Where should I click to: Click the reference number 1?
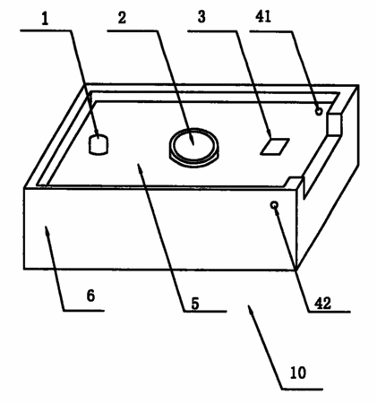45,20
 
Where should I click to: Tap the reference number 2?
122,18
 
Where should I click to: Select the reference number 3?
201,17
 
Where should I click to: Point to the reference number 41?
263,16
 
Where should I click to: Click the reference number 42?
322,304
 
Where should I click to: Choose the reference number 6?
90,296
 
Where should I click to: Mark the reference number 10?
298,373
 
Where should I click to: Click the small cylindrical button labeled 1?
99,144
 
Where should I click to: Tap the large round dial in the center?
193,148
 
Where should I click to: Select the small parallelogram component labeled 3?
275,146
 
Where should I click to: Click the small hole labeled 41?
319,112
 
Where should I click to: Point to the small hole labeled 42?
274,205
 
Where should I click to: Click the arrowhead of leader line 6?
47,231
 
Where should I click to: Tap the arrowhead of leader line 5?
140,168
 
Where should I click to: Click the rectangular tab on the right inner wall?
334,124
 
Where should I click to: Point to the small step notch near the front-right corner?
295,181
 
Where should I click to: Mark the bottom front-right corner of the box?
296,270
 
